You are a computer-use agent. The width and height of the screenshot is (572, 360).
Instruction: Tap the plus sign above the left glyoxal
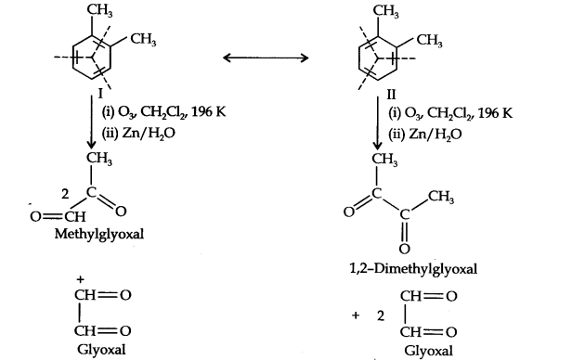[x=82, y=279]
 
